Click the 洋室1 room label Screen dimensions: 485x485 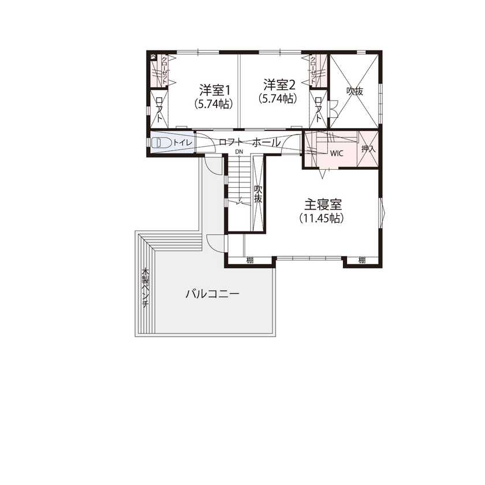(215, 90)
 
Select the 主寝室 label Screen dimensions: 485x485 (323, 204)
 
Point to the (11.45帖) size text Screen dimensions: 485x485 (322, 218)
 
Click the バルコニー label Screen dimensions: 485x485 (212, 293)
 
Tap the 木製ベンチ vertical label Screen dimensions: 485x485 (146, 288)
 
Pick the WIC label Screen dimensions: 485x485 (337, 154)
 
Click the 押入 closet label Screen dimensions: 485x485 (368, 149)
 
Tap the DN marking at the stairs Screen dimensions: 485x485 (238, 152)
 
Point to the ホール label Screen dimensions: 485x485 (267, 142)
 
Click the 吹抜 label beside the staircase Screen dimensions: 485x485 (258, 194)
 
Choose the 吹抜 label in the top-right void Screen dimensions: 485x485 (355, 91)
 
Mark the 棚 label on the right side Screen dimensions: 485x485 (361, 260)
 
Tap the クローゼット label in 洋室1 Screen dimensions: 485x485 (164, 70)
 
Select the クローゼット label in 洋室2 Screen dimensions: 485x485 (313, 70)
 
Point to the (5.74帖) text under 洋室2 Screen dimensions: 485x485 (278, 99)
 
